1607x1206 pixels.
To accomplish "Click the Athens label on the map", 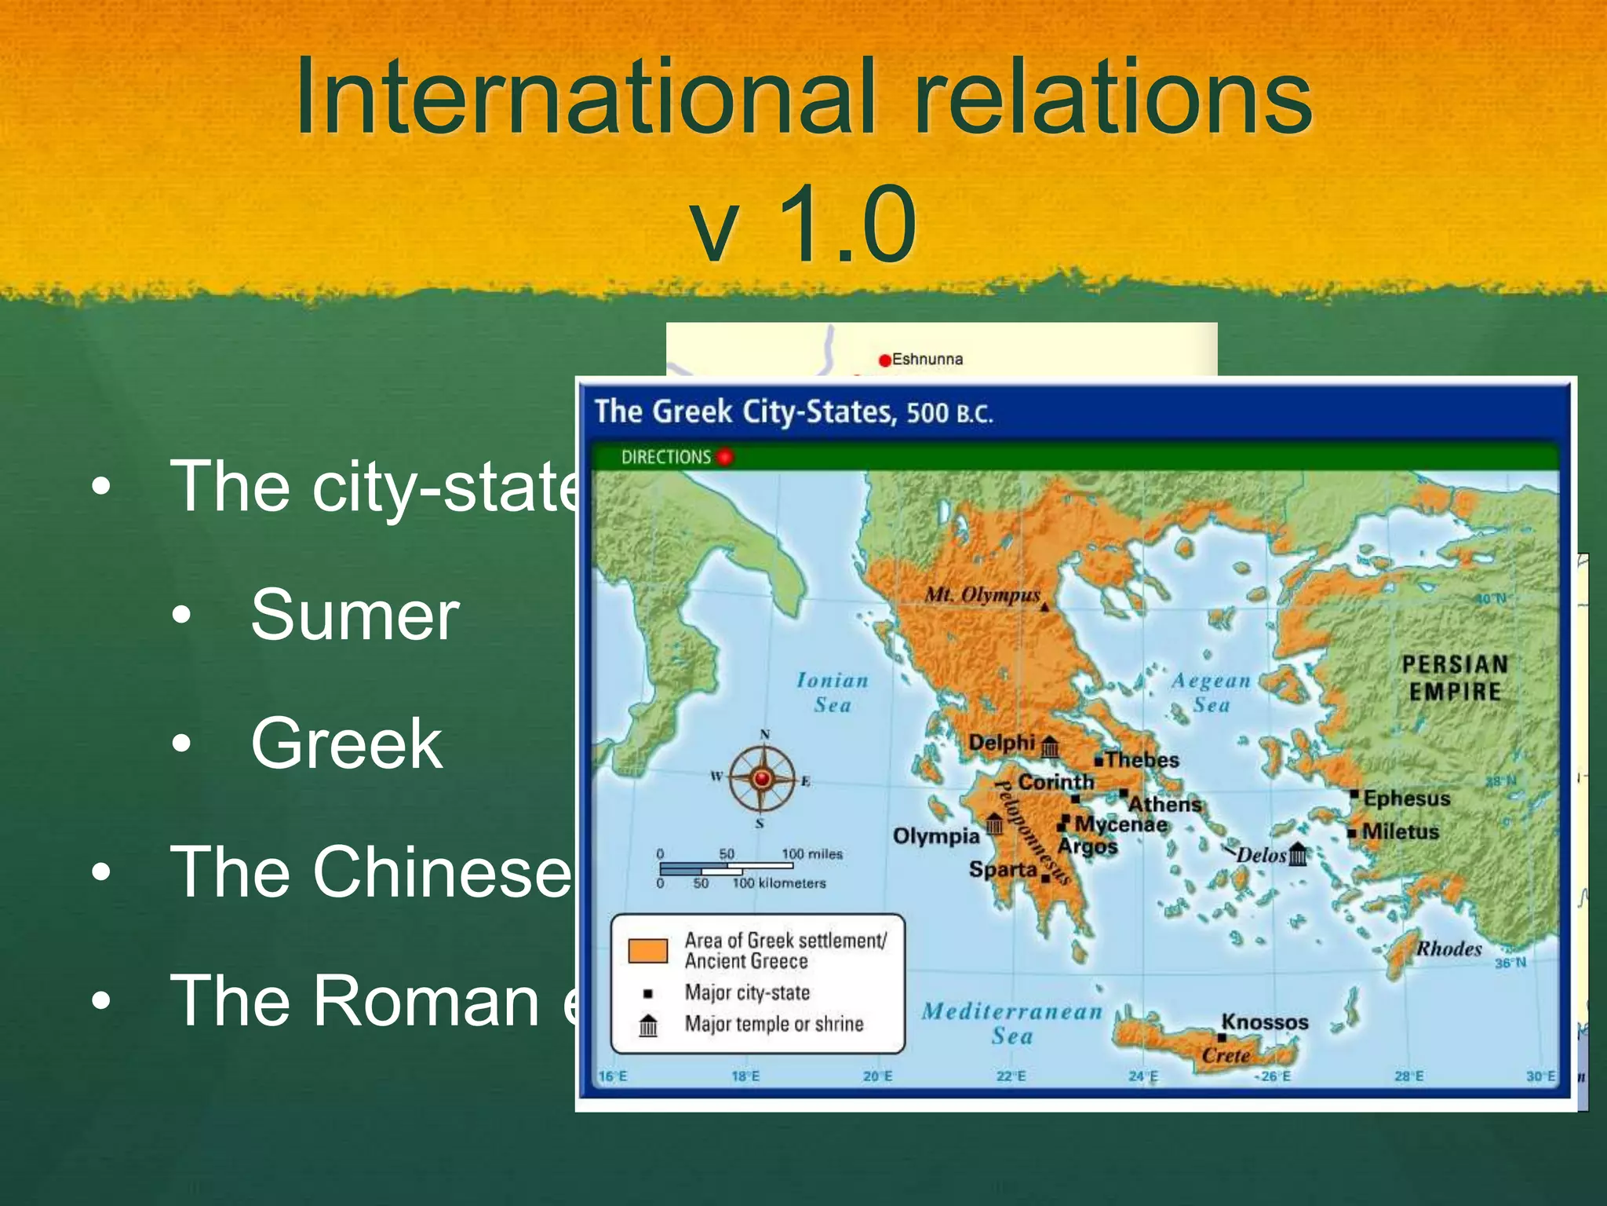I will pos(1164,805).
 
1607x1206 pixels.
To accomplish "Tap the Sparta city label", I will pos(1003,869).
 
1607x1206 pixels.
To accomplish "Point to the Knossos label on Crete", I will pos(1265,1022).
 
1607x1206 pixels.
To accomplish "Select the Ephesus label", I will pos(1406,799).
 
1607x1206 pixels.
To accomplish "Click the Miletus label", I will pos(1401,831).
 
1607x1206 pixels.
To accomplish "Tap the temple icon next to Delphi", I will pos(1050,746).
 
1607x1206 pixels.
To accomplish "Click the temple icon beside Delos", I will pos(1299,854).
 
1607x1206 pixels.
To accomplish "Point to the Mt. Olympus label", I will pos(982,594).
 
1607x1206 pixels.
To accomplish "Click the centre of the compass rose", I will pos(761,779).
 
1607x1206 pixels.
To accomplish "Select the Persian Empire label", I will pos(1455,678).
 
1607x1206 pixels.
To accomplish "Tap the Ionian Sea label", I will pos(833,693).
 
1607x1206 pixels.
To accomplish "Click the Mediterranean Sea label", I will pos(1012,1023).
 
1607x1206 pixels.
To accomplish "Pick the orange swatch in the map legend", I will pos(647,950).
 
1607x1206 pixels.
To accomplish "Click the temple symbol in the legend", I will pos(648,1025).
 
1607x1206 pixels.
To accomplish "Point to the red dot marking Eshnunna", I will pos(885,360).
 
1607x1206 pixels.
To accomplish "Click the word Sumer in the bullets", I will pos(355,616).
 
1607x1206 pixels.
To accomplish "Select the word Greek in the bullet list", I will pos(347,744).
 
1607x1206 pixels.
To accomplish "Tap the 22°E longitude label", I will pos(1011,1076).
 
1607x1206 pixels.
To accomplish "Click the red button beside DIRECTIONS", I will pos(724,456).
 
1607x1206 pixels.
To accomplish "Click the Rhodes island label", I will pos(1448,948).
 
